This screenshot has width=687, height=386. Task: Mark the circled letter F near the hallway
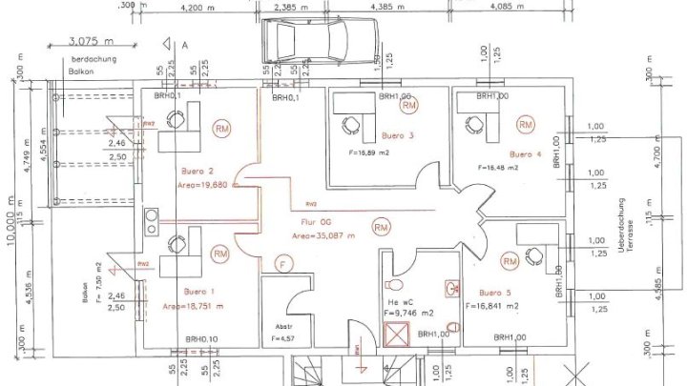[x=281, y=262]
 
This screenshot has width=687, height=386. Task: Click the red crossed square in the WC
[x=394, y=334]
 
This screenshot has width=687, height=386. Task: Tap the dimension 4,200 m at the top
[x=201, y=7]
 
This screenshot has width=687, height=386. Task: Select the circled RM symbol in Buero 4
[x=525, y=125]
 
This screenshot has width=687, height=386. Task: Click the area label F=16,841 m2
[x=491, y=307]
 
